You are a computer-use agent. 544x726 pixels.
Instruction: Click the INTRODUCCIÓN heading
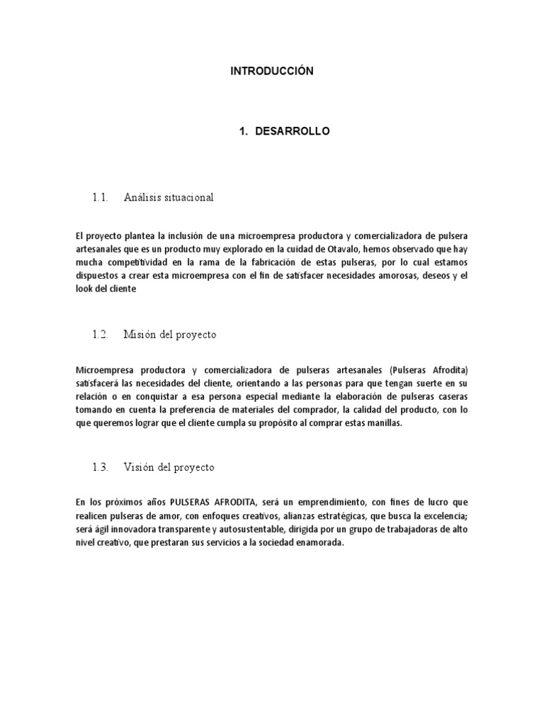tap(272, 72)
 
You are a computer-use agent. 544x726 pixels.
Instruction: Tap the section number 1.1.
tap(98, 197)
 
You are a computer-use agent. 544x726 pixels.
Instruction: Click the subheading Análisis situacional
tap(168, 197)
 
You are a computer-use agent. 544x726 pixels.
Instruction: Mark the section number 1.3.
tap(98, 467)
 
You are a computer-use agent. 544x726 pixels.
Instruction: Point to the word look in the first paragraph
tap(83, 289)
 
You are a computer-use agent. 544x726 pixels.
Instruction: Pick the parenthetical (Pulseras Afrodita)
tap(429, 369)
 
